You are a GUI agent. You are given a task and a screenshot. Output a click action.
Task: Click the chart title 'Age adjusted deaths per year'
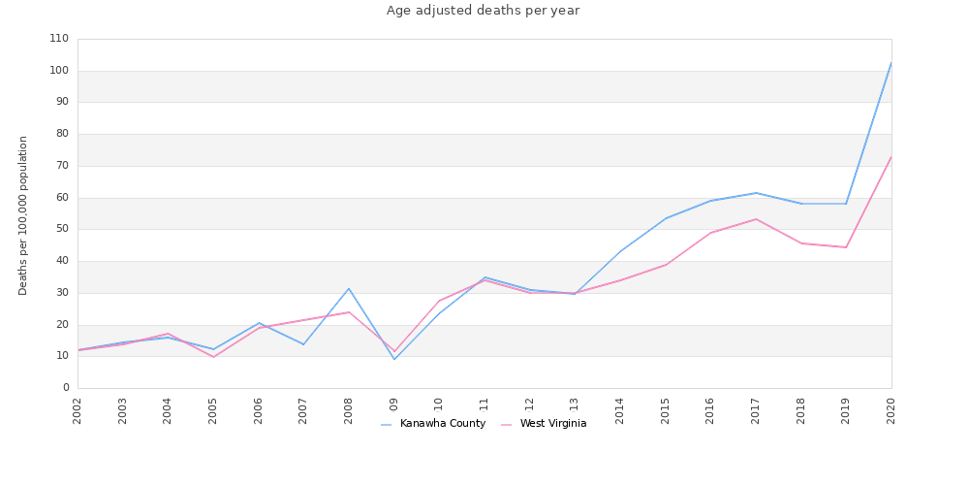click(483, 11)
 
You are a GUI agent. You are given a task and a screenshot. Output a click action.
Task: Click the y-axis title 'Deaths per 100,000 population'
click(23, 214)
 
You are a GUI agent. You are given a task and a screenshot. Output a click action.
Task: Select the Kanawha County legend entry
click(442, 424)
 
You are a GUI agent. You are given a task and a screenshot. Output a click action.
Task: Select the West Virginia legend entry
click(552, 424)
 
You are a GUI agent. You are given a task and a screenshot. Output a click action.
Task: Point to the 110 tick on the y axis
click(59, 39)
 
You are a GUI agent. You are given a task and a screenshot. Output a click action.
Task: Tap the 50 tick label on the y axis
click(62, 229)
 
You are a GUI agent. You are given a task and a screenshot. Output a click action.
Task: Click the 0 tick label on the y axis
click(66, 388)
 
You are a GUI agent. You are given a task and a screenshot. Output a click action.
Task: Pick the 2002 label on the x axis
click(78, 410)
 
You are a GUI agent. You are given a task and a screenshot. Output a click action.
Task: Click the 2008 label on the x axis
click(349, 410)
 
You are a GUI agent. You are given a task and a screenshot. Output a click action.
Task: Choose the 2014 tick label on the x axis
click(620, 410)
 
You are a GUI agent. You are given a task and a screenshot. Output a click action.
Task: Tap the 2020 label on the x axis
click(891, 410)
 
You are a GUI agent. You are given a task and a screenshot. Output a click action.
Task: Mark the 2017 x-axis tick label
click(756, 410)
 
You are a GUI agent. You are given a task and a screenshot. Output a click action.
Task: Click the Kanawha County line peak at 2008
click(349, 288)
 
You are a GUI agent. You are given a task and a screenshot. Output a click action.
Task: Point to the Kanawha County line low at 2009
click(394, 359)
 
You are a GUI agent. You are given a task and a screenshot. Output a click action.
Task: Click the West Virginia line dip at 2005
click(213, 357)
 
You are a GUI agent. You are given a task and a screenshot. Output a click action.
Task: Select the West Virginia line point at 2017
click(756, 219)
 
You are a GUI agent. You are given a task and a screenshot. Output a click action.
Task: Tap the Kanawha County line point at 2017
click(756, 193)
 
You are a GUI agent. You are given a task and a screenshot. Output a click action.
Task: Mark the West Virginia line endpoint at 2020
click(891, 156)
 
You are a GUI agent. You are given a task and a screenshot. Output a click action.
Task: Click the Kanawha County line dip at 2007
click(303, 344)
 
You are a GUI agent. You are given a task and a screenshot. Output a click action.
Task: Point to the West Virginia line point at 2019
click(846, 247)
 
